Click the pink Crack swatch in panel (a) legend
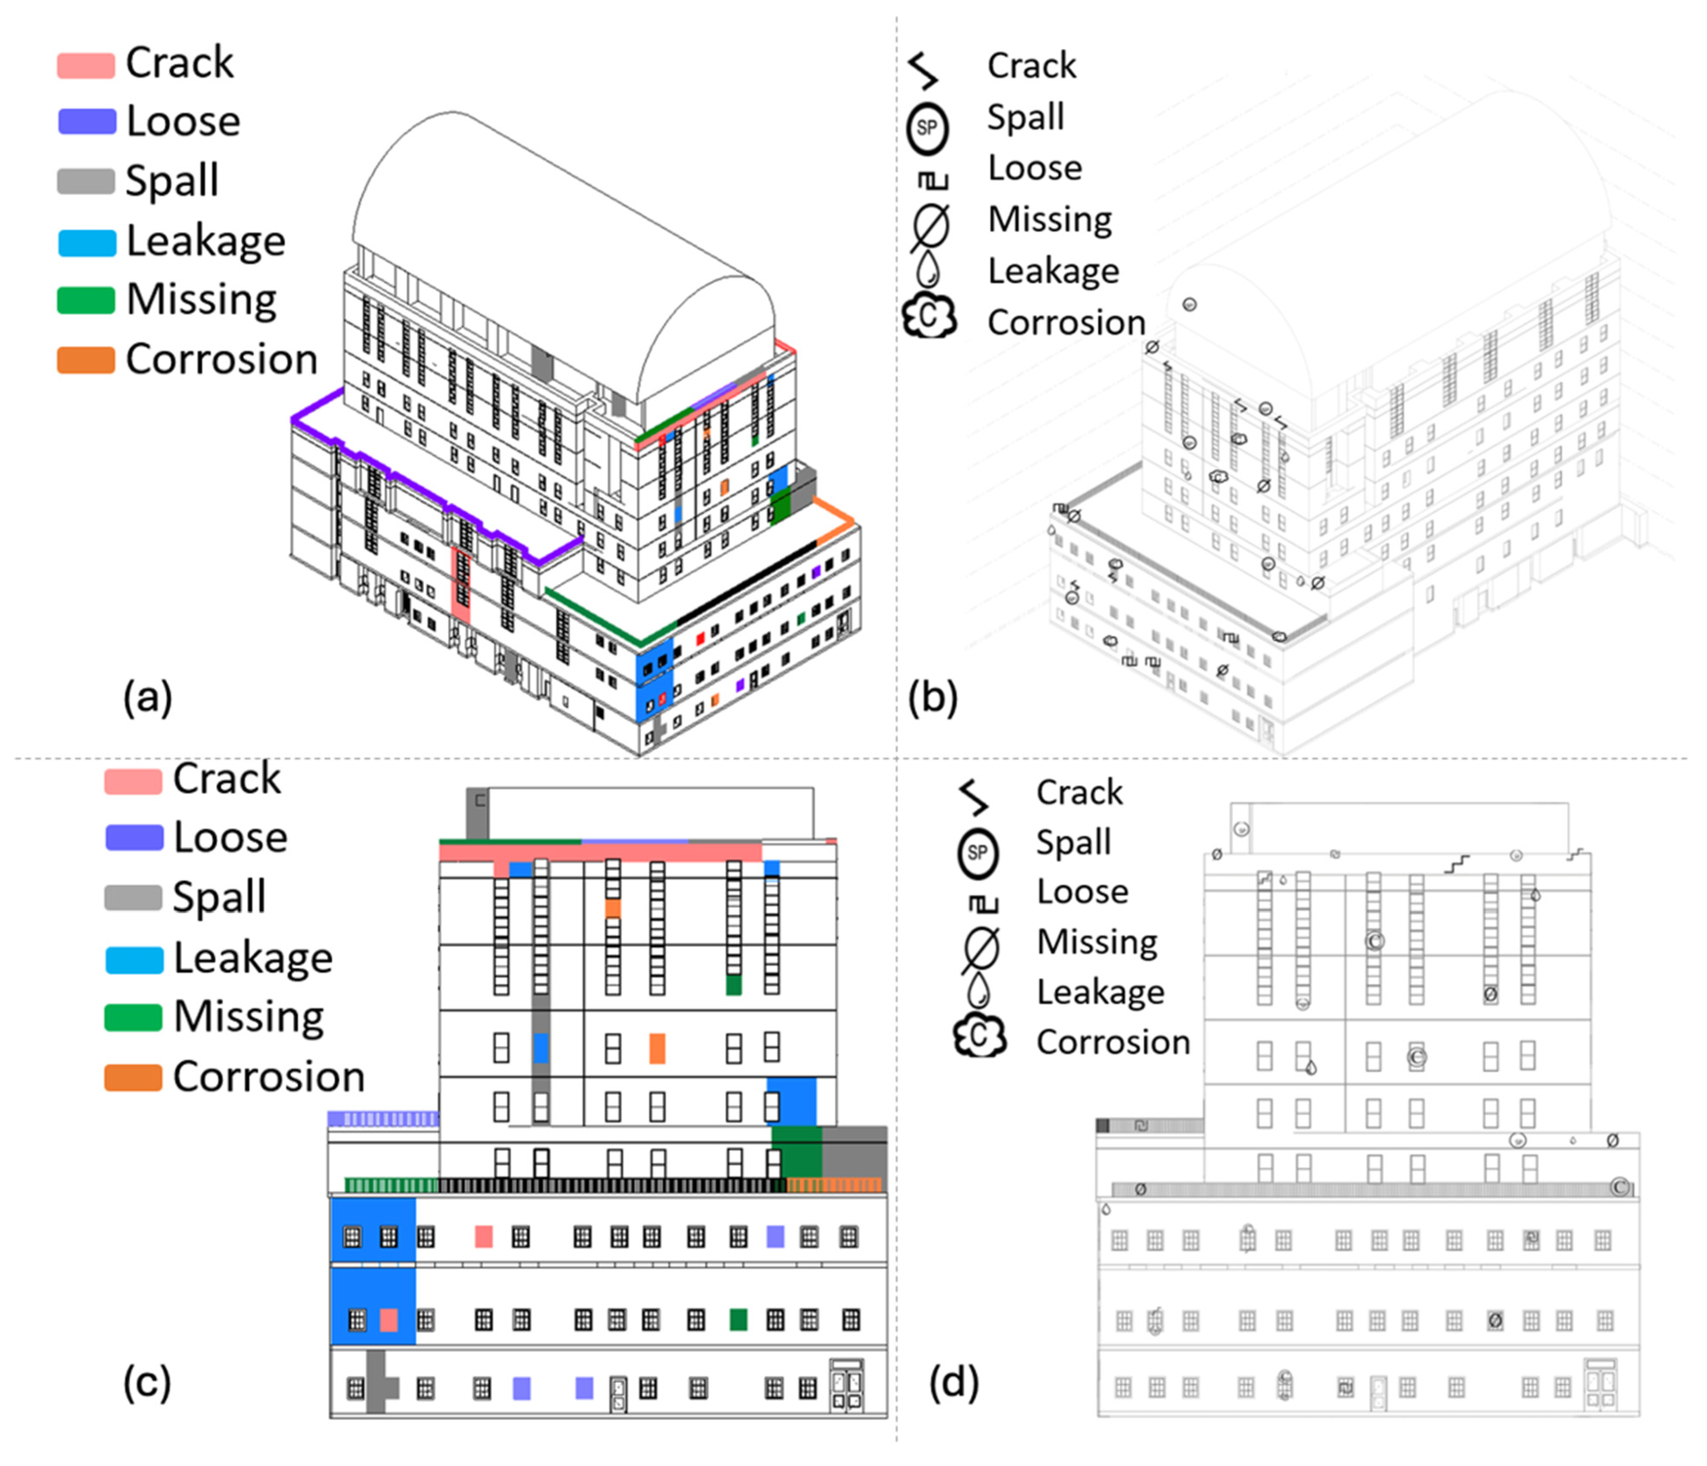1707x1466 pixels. [86, 64]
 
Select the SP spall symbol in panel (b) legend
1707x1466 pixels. [928, 128]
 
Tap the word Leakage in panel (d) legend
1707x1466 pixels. [1100, 991]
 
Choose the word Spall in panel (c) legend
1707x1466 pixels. [219, 896]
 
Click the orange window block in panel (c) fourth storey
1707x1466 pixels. [656, 1048]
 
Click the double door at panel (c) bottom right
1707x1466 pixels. [846, 1386]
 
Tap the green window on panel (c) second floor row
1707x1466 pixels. [738, 1320]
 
